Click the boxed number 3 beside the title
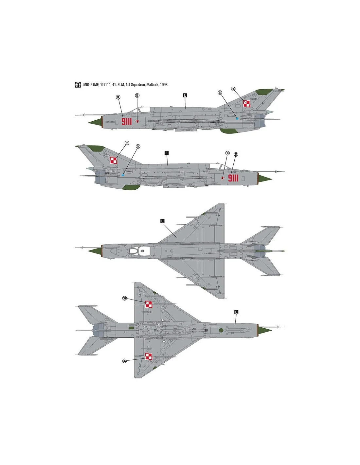(x=78, y=84)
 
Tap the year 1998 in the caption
(x=164, y=85)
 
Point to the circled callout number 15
(x=137, y=95)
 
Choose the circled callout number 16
(x=227, y=153)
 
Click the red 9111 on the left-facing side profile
(x=126, y=121)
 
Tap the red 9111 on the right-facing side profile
(x=233, y=178)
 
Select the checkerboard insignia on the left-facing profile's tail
(x=246, y=104)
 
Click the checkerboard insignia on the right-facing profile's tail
(x=114, y=160)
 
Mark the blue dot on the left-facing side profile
(x=237, y=118)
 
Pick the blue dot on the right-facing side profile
(x=123, y=175)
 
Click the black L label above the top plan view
(x=162, y=221)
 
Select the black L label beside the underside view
(x=236, y=312)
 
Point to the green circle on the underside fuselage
(x=221, y=330)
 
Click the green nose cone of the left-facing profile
(x=95, y=122)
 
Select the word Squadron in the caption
(x=138, y=85)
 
